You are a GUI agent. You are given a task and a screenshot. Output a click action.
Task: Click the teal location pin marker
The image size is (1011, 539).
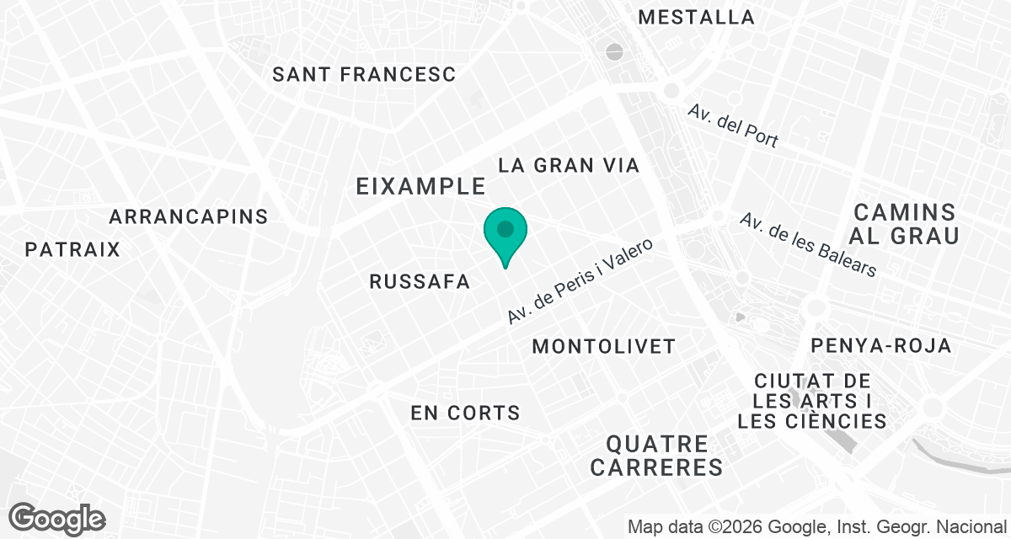click(505, 234)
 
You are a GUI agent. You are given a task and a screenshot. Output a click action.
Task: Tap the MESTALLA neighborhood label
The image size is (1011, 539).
click(696, 17)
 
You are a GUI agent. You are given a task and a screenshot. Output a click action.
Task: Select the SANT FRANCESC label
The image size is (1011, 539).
click(364, 74)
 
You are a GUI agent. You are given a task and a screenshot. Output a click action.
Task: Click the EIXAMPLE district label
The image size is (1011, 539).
click(421, 186)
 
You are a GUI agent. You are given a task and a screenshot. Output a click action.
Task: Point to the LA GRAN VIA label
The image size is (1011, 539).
click(569, 165)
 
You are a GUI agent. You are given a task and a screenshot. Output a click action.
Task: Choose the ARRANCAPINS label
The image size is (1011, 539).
click(189, 216)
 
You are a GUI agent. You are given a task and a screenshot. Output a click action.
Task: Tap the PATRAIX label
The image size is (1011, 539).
click(72, 249)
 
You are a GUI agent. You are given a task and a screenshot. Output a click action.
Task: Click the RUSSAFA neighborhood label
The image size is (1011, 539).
click(420, 282)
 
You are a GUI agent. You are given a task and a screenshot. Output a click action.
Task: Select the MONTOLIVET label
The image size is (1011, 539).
click(604, 346)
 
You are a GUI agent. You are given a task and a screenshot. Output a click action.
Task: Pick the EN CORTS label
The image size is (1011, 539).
click(465, 413)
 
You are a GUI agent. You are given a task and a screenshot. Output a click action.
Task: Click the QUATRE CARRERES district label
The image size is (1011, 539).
click(656, 455)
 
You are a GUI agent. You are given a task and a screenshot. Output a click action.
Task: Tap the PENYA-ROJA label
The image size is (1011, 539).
click(880, 345)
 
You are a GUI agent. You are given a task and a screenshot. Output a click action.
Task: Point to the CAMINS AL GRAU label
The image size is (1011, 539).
click(906, 223)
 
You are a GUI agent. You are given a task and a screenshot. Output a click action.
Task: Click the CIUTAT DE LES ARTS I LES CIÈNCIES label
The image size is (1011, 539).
click(812, 401)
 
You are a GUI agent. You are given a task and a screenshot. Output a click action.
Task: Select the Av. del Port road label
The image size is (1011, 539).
click(732, 125)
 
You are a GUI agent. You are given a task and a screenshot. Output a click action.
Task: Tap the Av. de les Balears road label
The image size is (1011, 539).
click(808, 244)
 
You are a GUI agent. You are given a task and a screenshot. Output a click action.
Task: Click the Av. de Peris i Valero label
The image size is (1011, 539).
click(580, 281)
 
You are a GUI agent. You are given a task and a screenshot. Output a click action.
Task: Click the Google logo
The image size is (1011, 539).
click(57, 518)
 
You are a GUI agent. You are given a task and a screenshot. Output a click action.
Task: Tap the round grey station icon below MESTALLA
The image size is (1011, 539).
click(615, 52)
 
